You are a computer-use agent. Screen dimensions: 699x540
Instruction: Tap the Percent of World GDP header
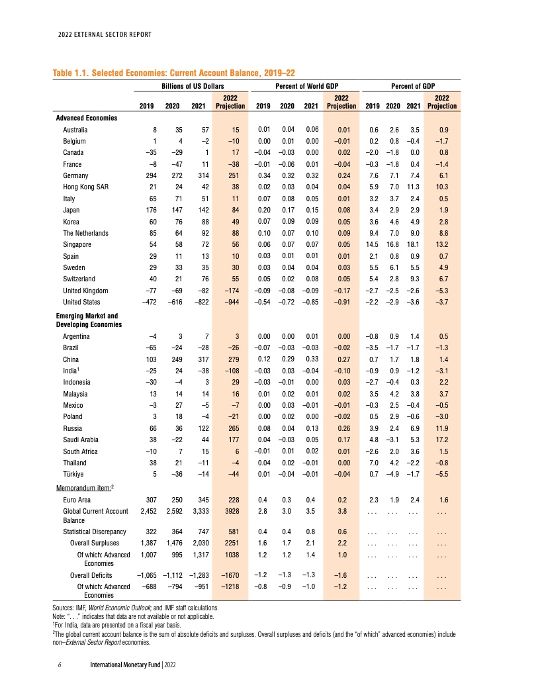pyautogui.click(x=306, y=86)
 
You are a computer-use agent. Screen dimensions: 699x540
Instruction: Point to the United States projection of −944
pyautogui.click(x=232, y=303)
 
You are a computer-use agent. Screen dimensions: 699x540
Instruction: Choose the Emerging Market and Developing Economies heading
pyautogui.click(x=90, y=320)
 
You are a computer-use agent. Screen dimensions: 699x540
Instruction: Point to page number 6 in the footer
pyautogui.click(x=60, y=663)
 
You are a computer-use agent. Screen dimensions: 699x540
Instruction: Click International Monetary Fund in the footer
pyautogui.click(x=126, y=663)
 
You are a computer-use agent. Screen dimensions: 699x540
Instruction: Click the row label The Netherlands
pyautogui.click(x=86, y=233)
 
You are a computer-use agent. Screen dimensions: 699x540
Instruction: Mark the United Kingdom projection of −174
pyautogui.click(x=232, y=291)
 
